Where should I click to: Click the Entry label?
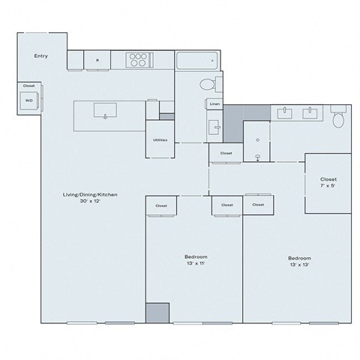coord(41,56)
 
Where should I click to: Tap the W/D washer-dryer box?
coord(29,99)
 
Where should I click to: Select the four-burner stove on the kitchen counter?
coord(138,60)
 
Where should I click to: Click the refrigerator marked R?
coord(97,60)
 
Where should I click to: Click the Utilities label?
coord(160,141)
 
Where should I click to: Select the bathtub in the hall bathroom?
coord(197,60)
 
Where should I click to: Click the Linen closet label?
coord(214,104)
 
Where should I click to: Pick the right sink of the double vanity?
coord(310,114)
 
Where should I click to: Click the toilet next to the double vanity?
coord(337,118)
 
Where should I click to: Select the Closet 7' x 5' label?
coord(328,184)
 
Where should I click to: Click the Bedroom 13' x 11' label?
coord(191,260)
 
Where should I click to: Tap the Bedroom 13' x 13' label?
coord(297,261)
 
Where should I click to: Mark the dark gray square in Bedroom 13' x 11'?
coord(157,313)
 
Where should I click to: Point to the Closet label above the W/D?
coord(28,86)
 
